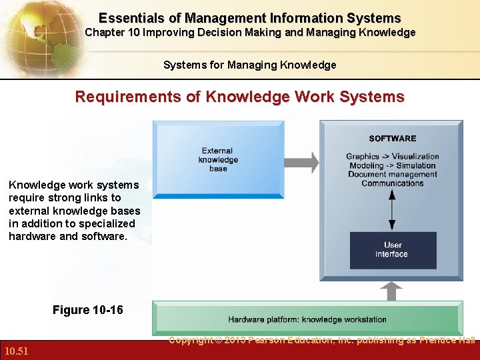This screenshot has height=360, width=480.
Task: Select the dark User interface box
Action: [393, 250]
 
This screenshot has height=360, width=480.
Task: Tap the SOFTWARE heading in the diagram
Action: [392, 139]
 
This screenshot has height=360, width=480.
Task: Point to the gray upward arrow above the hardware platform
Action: [393, 291]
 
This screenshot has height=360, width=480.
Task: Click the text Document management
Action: [392, 175]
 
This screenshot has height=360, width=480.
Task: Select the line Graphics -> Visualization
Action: [392, 157]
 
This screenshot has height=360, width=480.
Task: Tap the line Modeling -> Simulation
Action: [392, 165]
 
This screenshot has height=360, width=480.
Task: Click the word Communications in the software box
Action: [392, 183]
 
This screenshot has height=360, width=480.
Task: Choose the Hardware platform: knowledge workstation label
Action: [307, 320]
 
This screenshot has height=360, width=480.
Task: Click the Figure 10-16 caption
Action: [87, 310]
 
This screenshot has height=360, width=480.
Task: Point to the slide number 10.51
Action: [17, 351]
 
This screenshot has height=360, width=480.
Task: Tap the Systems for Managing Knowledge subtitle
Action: [250, 65]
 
